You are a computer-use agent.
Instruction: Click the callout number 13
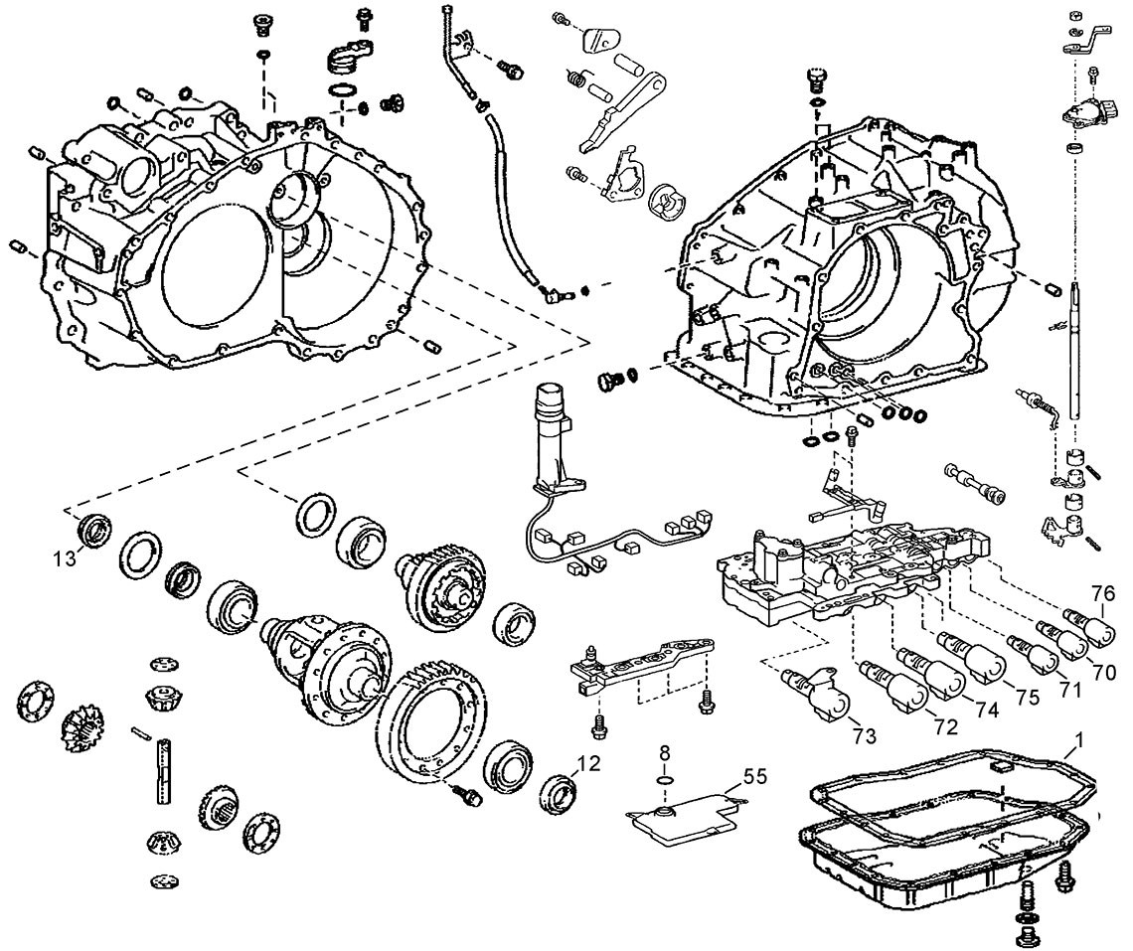pyautogui.click(x=63, y=557)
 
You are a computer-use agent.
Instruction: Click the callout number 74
pyautogui.click(x=986, y=711)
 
